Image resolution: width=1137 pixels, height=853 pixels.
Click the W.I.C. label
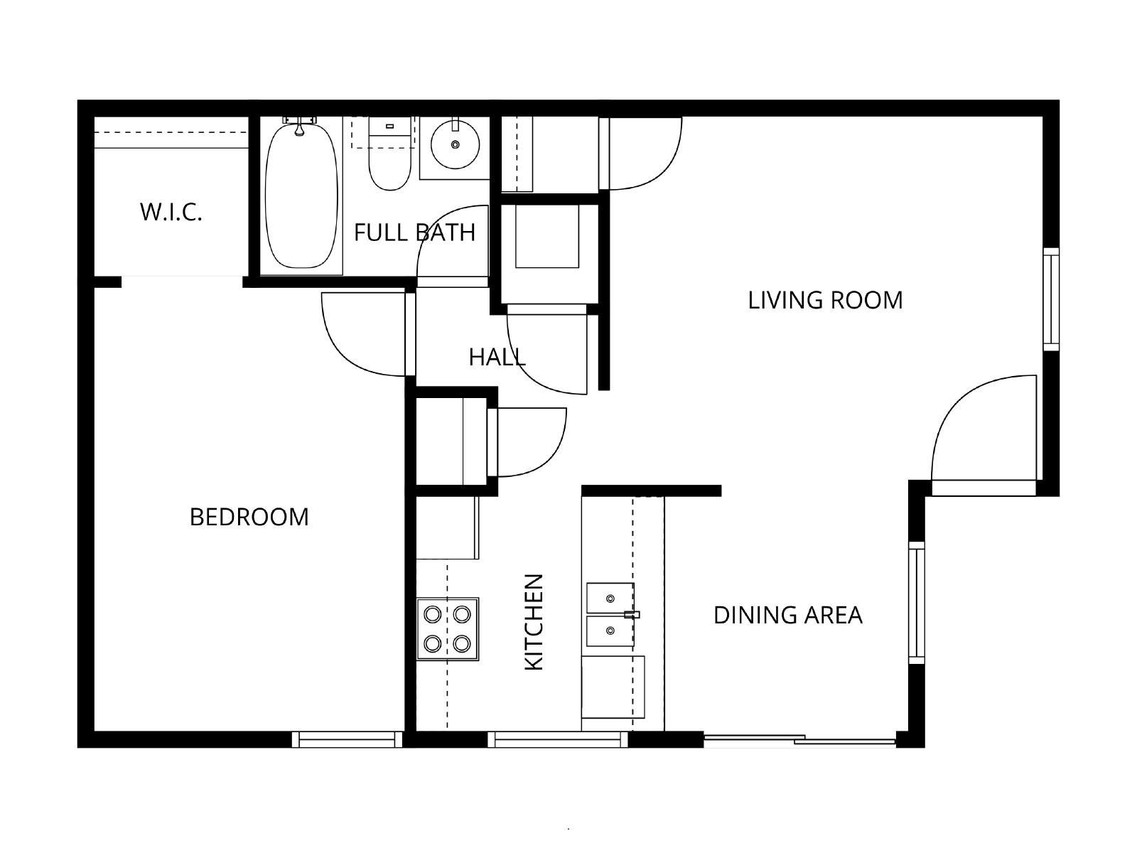point(171,212)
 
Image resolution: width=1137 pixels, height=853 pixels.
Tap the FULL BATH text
point(414,232)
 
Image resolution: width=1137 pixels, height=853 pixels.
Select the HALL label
point(497,358)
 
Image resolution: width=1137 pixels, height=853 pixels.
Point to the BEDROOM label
point(249,517)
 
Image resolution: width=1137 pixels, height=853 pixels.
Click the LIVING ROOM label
point(825,301)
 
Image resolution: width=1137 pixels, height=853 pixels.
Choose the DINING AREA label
point(788,616)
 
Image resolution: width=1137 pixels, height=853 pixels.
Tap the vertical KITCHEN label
point(534,622)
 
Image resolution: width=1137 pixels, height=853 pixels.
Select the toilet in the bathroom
point(389,154)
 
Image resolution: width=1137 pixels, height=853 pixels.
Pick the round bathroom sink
point(455,145)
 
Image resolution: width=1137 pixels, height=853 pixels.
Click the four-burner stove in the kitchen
point(448,629)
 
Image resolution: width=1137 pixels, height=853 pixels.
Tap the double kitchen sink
point(610,615)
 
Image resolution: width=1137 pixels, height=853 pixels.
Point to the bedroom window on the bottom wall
point(347,739)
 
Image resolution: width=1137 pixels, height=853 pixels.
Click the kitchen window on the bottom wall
point(557,739)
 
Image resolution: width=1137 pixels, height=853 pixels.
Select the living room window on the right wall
point(1051,299)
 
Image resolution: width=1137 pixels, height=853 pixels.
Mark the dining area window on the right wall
point(916,603)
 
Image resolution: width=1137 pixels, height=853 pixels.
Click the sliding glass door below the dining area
point(799,741)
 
